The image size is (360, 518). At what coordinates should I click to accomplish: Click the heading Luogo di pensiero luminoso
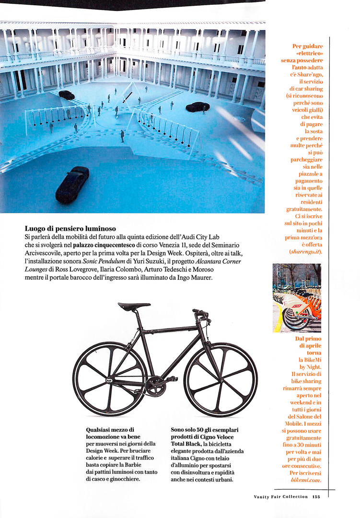(70, 228)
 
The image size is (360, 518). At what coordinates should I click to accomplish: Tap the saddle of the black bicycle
(134, 306)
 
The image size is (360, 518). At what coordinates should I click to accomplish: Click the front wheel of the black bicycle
(221, 379)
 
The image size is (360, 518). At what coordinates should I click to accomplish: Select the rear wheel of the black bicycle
(109, 378)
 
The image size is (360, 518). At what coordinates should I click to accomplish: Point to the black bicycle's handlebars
(201, 313)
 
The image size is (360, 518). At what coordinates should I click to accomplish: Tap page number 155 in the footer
(316, 496)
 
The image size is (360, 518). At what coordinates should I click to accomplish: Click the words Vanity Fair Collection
(281, 496)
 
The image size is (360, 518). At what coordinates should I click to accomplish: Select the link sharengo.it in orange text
(306, 251)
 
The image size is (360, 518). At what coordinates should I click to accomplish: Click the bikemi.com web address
(305, 480)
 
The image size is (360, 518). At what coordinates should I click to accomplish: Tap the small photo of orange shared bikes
(297, 298)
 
